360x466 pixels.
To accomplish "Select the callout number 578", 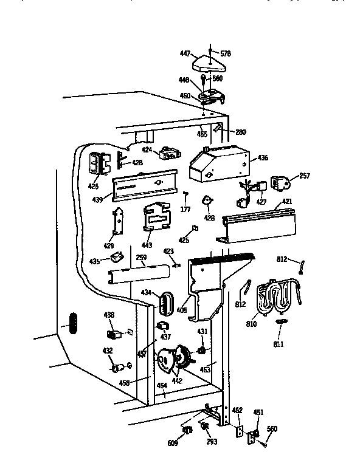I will pos(225,54).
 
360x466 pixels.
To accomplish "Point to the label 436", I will pos(263,159).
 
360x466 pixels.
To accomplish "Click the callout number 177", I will pos(186,208).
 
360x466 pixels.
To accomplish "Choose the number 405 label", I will pos(181,309).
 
